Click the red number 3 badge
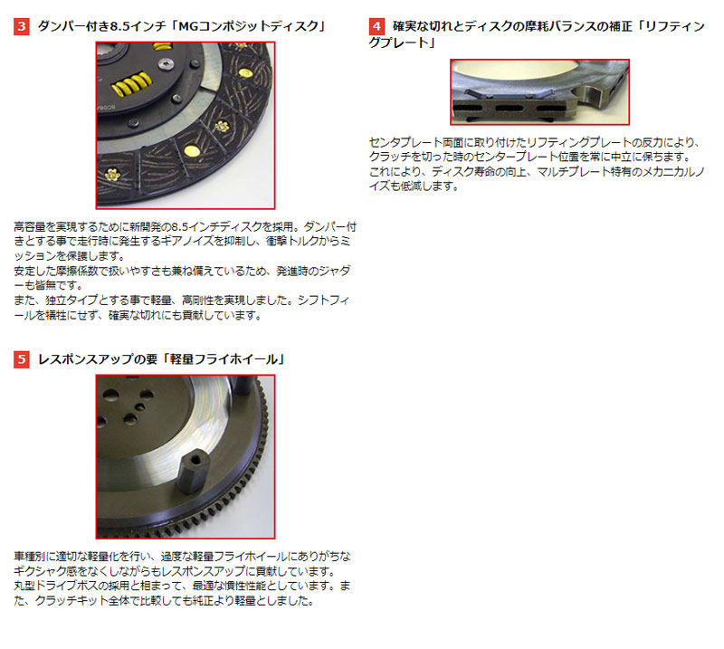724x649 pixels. click(x=22, y=26)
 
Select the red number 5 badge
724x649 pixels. click(x=22, y=359)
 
